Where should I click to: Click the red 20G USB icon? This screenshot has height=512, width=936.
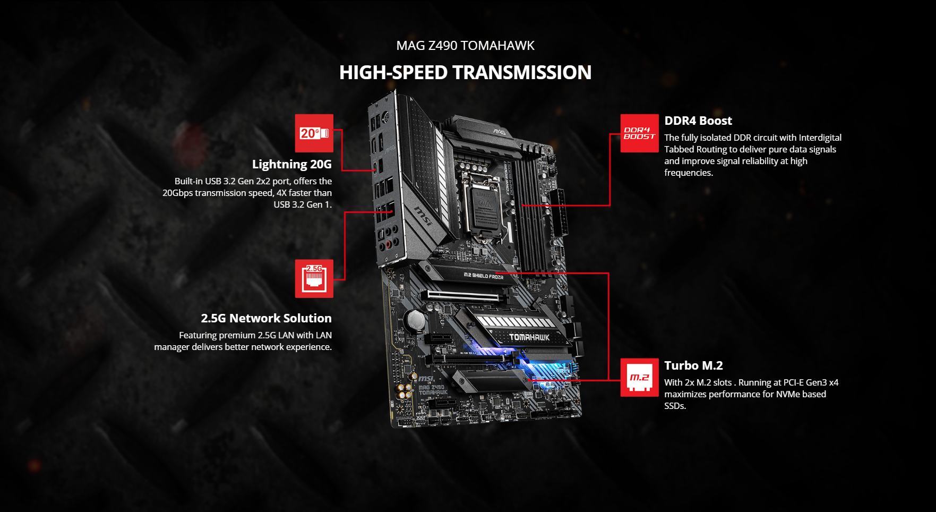point(314,133)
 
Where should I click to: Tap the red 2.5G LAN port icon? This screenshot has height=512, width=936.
point(314,279)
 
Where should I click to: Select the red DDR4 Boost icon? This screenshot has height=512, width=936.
point(640,133)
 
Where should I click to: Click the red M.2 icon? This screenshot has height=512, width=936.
point(640,378)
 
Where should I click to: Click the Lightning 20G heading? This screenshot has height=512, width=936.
point(292,164)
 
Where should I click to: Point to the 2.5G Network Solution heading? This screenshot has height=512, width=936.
point(266,318)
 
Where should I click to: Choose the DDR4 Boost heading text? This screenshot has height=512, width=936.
point(698,121)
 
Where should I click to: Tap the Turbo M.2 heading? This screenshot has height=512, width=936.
point(693,365)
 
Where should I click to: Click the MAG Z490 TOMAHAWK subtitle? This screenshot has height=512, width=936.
point(466,46)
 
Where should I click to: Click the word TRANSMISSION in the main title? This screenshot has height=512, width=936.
point(522,72)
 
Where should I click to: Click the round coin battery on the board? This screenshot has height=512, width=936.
point(415,320)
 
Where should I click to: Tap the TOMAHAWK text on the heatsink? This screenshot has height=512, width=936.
point(529,337)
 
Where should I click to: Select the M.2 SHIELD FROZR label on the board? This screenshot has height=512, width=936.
point(483,276)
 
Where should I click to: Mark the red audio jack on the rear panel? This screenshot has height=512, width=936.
point(389,244)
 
